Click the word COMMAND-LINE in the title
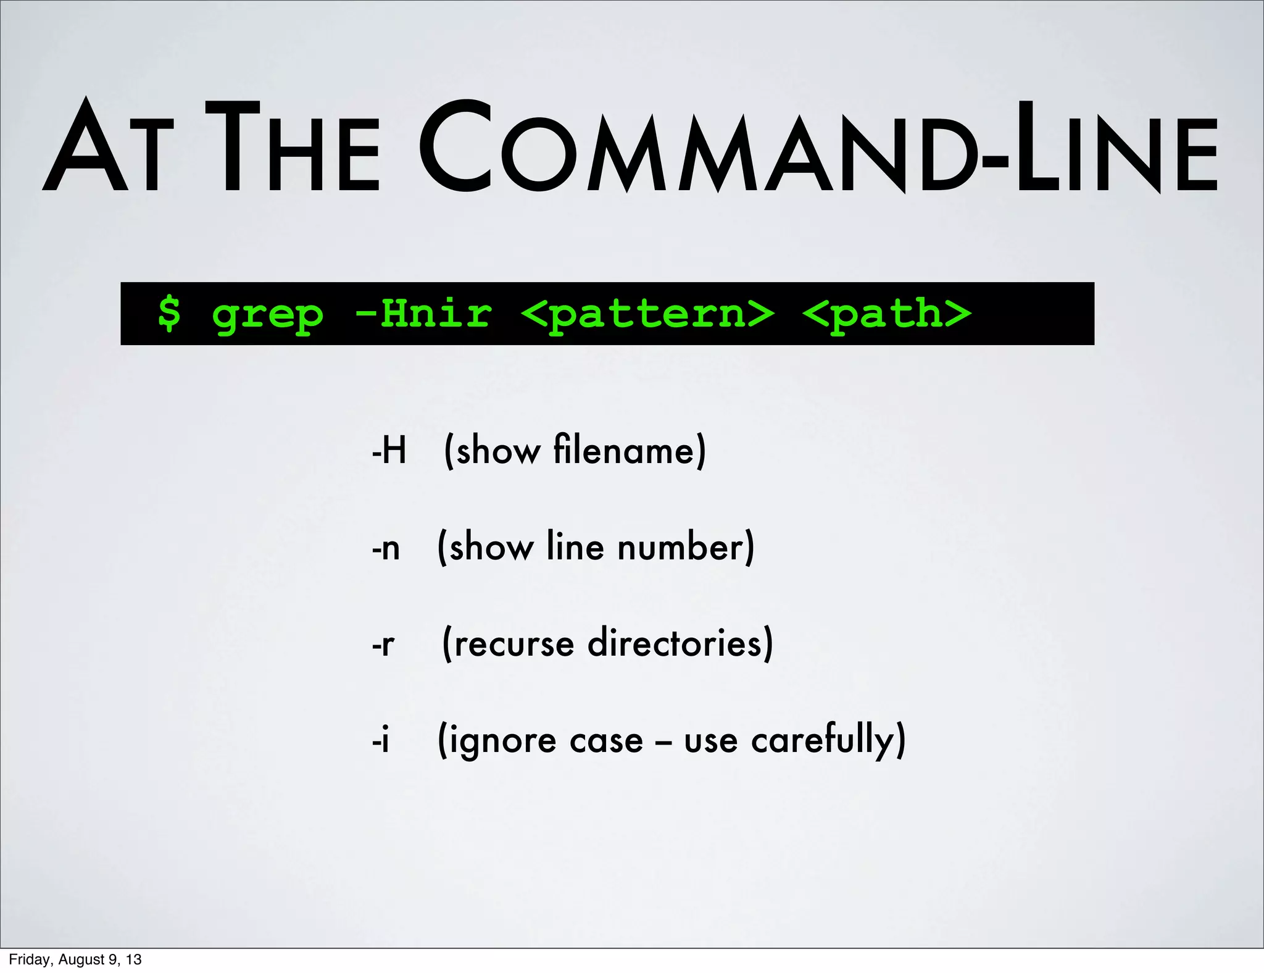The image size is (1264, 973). (x=818, y=148)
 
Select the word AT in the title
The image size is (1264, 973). (x=105, y=148)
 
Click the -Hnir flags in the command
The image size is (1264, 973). (x=423, y=313)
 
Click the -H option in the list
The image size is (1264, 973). (x=389, y=451)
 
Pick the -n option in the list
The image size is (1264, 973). (x=386, y=548)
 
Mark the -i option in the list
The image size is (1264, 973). (x=381, y=740)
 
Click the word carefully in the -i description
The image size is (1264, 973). (x=822, y=740)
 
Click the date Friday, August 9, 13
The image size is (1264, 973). (x=75, y=959)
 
